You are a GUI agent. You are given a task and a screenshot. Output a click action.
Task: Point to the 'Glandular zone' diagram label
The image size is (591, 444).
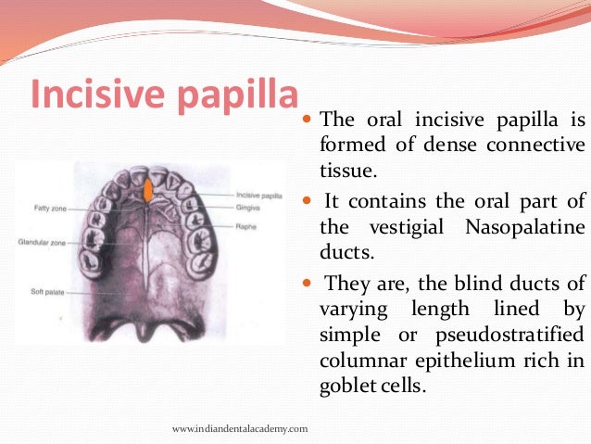(x=40, y=243)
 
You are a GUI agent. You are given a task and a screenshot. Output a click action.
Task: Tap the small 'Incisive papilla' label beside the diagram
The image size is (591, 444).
(x=259, y=196)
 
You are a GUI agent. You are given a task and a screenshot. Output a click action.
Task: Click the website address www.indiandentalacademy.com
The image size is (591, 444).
(x=241, y=427)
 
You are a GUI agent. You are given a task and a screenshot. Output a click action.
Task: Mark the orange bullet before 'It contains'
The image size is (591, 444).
(x=308, y=200)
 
